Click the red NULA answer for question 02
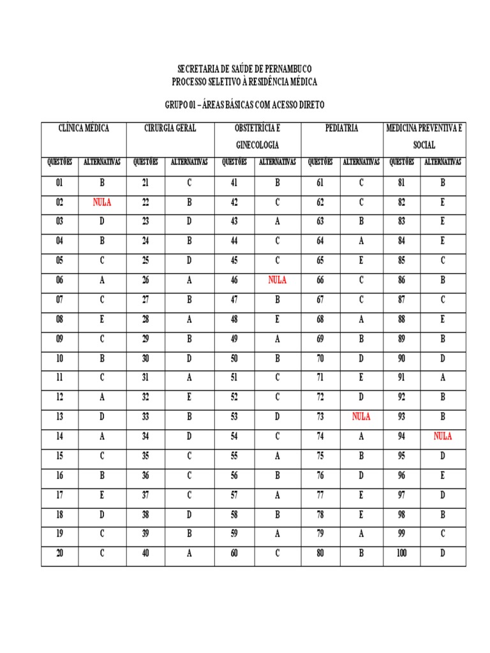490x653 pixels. (x=101, y=203)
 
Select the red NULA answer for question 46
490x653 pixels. (x=277, y=280)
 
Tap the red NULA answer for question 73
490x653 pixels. (x=361, y=417)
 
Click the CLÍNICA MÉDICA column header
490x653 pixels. (x=84, y=128)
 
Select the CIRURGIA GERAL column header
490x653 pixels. (x=170, y=128)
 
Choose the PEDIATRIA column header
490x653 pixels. (x=341, y=128)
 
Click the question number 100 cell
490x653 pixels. (x=401, y=554)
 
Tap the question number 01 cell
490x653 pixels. (x=60, y=183)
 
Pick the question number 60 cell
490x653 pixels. (x=234, y=554)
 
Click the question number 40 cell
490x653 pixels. (x=145, y=554)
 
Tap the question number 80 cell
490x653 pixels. (x=320, y=554)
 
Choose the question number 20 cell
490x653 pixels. (x=60, y=554)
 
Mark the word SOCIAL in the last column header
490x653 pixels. (x=424, y=145)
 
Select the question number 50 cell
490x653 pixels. (x=234, y=358)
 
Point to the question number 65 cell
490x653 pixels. (x=320, y=261)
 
